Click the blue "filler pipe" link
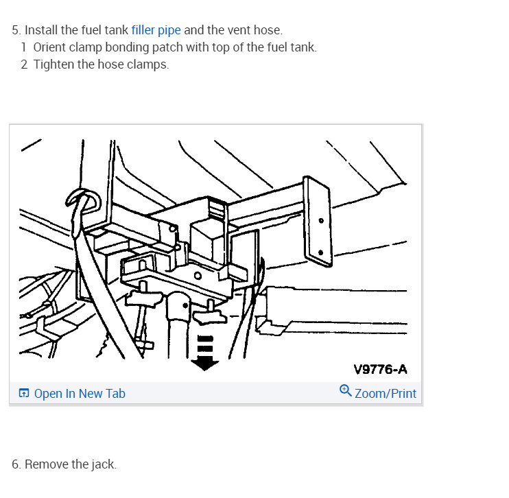156,30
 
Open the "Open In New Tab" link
80,394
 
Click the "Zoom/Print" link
386,394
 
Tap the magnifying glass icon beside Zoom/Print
346,390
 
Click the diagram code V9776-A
380,370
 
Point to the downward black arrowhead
204,364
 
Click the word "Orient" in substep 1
49,47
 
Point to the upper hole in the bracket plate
321,221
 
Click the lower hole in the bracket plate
320,252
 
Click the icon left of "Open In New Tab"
24,393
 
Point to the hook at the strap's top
82,200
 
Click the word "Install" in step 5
41,30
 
